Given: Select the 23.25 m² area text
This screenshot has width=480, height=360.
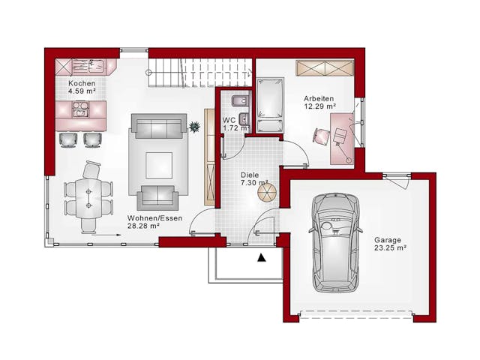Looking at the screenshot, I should [x=390, y=247].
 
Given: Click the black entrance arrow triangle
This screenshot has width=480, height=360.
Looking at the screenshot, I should [x=261, y=258].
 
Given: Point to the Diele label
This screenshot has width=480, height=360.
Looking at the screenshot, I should [x=250, y=174].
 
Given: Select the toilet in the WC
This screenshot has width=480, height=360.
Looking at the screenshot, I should [x=238, y=103].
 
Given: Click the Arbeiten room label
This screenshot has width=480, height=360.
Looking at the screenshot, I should [x=319, y=99].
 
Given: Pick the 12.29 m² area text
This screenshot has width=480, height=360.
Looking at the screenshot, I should [x=319, y=107].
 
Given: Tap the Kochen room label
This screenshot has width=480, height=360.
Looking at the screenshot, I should [x=81, y=83].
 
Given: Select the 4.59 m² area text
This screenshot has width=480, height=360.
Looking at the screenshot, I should [x=81, y=91].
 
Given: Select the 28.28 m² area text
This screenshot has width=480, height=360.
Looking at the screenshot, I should [x=144, y=226].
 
